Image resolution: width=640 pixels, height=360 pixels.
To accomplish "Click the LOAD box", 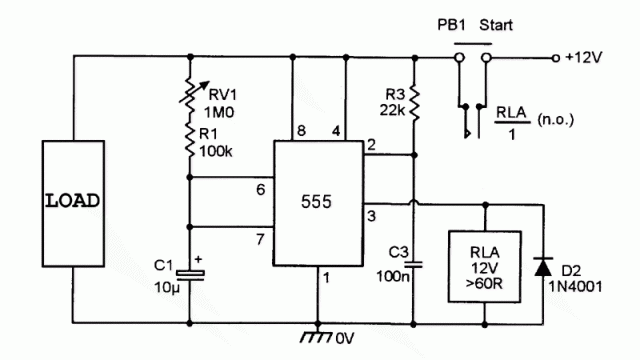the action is (73, 204).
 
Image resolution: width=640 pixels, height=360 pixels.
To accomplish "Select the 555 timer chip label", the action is (316, 202).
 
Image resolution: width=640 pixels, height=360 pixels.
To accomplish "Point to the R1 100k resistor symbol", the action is (190, 140).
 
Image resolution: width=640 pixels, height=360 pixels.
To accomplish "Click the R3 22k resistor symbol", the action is (414, 103).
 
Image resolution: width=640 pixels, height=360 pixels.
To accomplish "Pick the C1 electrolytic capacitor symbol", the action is (190, 276).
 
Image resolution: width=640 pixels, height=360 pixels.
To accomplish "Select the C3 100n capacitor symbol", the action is (414, 265).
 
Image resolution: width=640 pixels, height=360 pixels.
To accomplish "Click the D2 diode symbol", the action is (543, 267).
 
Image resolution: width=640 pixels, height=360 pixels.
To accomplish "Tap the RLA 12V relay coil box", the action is (484, 267).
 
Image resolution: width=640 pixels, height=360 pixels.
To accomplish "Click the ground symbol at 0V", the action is (317, 336).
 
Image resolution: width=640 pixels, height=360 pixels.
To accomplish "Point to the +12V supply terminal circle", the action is (555, 58).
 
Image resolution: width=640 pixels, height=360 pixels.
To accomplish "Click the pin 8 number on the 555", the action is (301, 131).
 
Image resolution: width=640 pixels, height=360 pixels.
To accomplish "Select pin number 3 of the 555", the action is (371, 216).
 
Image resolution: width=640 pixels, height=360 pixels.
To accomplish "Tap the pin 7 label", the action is (260, 239).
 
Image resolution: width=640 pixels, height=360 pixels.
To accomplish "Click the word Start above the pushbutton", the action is (496, 25).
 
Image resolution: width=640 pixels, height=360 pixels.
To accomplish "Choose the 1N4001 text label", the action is (575, 287).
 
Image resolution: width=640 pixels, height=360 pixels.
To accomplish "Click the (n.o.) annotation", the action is (556, 120).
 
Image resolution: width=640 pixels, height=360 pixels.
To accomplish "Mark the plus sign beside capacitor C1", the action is (198, 259).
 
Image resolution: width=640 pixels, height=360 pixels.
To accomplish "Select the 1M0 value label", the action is (219, 112).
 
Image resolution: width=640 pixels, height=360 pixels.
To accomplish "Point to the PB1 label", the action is (451, 25).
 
